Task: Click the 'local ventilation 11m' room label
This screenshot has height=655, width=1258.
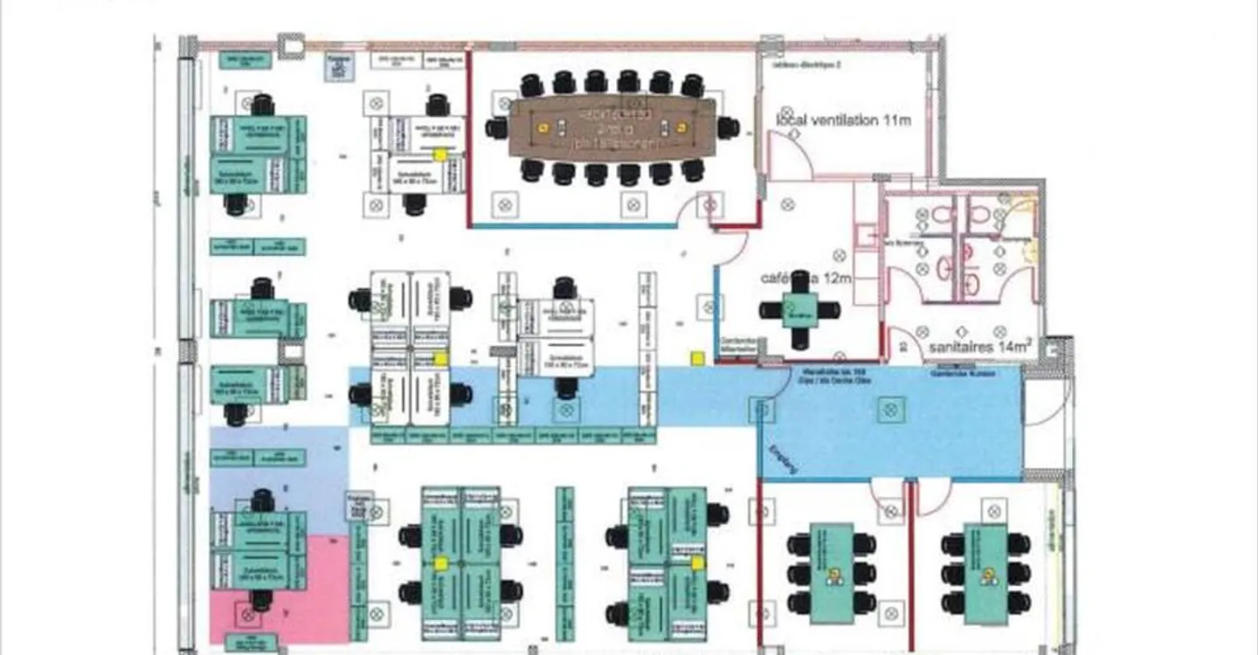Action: click(x=843, y=120)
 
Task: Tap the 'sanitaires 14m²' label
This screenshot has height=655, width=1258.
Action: click(x=980, y=347)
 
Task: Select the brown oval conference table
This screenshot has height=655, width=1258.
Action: click(x=612, y=128)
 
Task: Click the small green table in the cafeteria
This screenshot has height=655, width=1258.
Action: click(x=799, y=310)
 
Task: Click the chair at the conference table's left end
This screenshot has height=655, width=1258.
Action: click(x=496, y=128)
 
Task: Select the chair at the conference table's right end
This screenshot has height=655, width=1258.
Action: click(x=728, y=128)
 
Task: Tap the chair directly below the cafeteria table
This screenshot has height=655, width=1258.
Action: click(x=799, y=339)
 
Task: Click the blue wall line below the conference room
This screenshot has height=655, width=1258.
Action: click(x=572, y=226)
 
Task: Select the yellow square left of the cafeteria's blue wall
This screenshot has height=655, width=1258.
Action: click(x=697, y=357)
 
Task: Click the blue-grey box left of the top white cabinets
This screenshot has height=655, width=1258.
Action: click(x=337, y=66)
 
